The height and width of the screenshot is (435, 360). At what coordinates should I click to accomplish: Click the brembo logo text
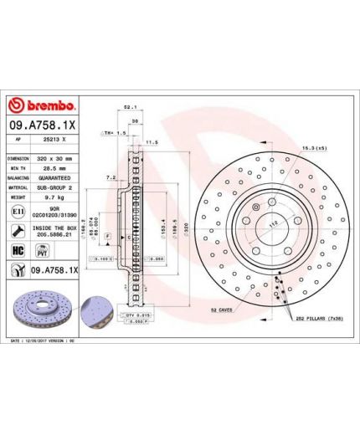43,105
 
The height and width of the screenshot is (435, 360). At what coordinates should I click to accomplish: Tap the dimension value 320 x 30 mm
55,157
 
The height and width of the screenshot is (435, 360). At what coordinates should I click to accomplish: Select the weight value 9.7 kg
48,198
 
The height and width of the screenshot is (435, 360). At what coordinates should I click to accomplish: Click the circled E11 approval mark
18,215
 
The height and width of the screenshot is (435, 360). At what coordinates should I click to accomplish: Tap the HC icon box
18,250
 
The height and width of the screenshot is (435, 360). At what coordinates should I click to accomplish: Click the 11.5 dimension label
151,143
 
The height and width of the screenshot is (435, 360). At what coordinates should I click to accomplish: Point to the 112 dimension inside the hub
271,223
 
